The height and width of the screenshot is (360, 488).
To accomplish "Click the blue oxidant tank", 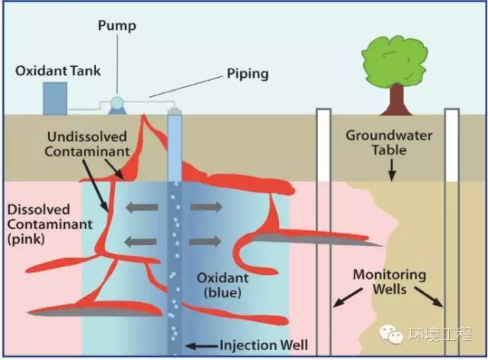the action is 55,98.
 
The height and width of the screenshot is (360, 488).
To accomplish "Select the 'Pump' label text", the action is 117,25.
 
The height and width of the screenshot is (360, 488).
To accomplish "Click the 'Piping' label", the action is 248,74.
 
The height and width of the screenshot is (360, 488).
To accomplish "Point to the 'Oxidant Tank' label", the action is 58,71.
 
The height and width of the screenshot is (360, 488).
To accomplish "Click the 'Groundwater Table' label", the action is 389,143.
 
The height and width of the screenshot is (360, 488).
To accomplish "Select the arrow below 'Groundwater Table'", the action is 392,170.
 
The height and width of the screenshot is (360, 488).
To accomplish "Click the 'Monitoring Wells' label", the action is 390,282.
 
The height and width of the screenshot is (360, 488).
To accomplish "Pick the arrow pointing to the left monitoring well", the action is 348,297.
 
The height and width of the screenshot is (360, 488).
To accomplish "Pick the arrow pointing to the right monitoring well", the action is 429,297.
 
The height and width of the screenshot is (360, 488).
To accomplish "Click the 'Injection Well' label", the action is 264,345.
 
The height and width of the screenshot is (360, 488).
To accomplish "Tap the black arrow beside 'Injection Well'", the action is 201,346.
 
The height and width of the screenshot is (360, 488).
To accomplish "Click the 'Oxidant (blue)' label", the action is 223,285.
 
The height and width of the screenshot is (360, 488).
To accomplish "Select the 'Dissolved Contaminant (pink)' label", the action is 50,224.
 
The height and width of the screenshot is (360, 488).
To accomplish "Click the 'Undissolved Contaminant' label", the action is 87,144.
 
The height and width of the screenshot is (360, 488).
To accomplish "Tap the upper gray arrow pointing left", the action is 142,207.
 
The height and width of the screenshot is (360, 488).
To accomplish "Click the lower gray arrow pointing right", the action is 205,241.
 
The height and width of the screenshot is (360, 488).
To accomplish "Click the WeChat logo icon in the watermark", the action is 391,334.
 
